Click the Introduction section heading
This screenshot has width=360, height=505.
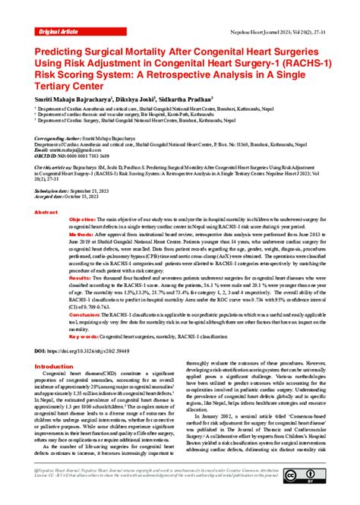coord(59,367)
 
